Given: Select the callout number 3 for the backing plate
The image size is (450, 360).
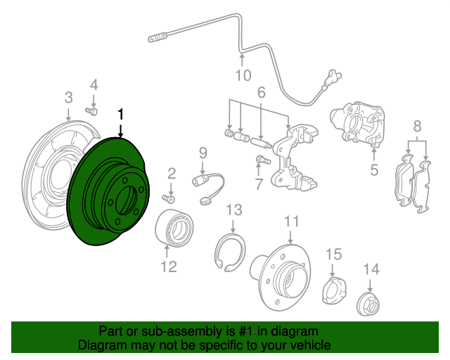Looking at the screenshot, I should (68, 96).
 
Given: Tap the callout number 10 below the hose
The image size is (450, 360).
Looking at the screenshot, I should (242, 75).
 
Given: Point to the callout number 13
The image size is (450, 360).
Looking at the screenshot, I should (233, 210).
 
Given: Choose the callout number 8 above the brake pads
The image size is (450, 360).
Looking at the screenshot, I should (417, 127).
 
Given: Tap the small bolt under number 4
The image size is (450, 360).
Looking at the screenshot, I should (91, 110).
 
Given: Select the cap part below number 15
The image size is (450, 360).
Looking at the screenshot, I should (333, 290).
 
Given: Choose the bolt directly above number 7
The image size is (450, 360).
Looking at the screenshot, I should (262, 160).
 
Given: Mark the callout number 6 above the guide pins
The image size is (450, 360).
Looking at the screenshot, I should (260, 92).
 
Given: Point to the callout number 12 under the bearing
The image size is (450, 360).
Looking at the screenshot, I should (168, 266).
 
